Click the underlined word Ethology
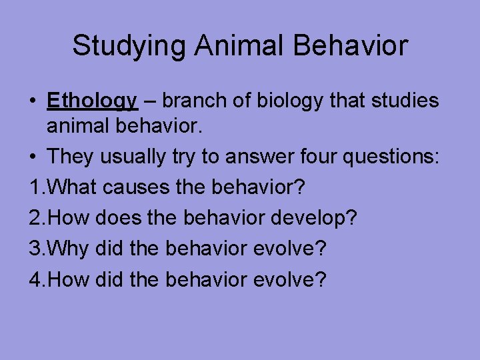point(92,101)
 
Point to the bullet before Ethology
point(33,101)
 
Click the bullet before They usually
point(33,157)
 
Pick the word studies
point(403,101)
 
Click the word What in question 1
point(73,188)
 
